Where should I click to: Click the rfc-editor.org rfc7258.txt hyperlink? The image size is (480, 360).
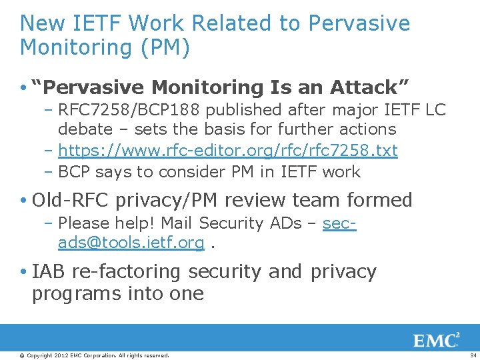tap(228, 151)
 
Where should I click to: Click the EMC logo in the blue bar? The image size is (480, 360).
tap(437, 341)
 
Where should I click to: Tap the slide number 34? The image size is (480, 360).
tap(473, 355)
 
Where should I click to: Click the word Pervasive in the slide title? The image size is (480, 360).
tap(359, 23)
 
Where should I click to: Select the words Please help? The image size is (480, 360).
tap(106, 223)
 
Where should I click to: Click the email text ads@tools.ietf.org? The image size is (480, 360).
tap(131, 243)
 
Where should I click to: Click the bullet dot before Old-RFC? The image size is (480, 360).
tap(24, 201)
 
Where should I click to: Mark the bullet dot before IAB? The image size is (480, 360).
tap(24, 273)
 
